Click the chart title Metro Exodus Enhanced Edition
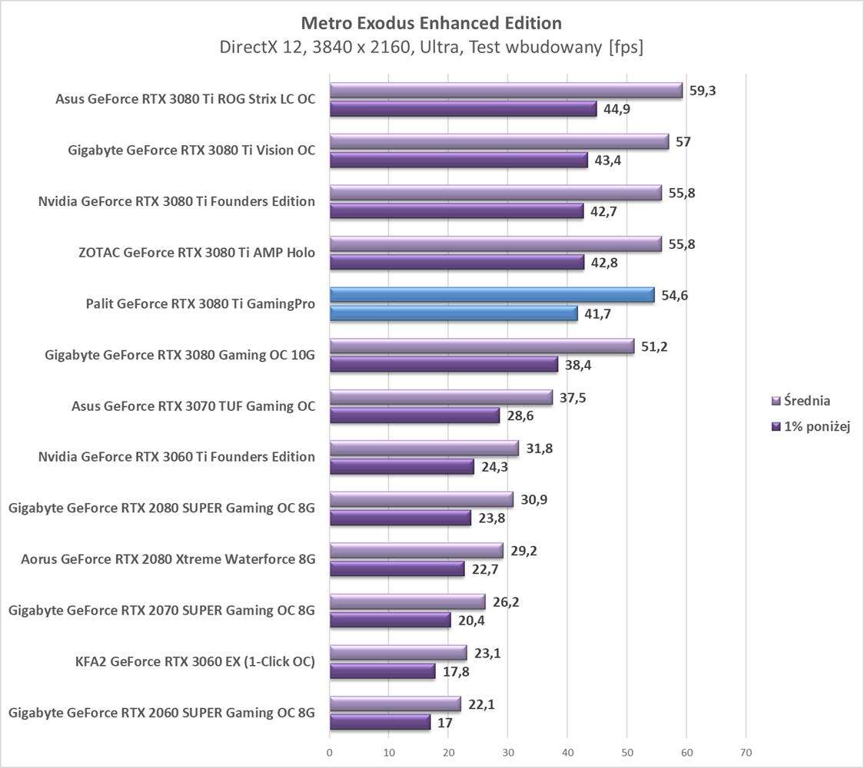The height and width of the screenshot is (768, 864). (x=431, y=22)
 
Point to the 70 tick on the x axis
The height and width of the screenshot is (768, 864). (x=745, y=752)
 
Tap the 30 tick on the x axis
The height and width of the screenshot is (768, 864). (x=507, y=752)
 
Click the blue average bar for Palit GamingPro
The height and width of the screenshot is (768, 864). (x=492, y=295)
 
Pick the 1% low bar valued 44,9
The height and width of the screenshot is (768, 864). (x=463, y=109)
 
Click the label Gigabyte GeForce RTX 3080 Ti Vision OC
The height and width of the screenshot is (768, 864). (x=191, y=150)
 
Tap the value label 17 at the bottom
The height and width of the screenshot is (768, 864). (x=445, y=723)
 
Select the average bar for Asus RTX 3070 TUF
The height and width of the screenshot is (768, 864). (x=440, y=397)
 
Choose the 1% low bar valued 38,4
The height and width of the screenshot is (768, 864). (x=444, y=364)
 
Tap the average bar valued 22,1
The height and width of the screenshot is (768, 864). (x=394, y=703)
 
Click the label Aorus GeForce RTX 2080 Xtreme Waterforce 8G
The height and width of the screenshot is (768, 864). (x=168, y=559)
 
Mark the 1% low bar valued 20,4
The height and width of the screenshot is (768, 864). (x=390, y=620)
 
